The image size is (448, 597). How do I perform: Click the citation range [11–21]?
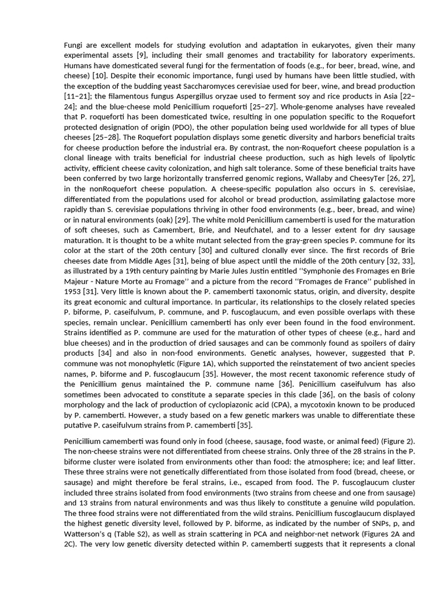pyautogui.click(x=78, y=97)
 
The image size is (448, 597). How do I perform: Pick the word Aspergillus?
pyautogui.click(x=218, y=97)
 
